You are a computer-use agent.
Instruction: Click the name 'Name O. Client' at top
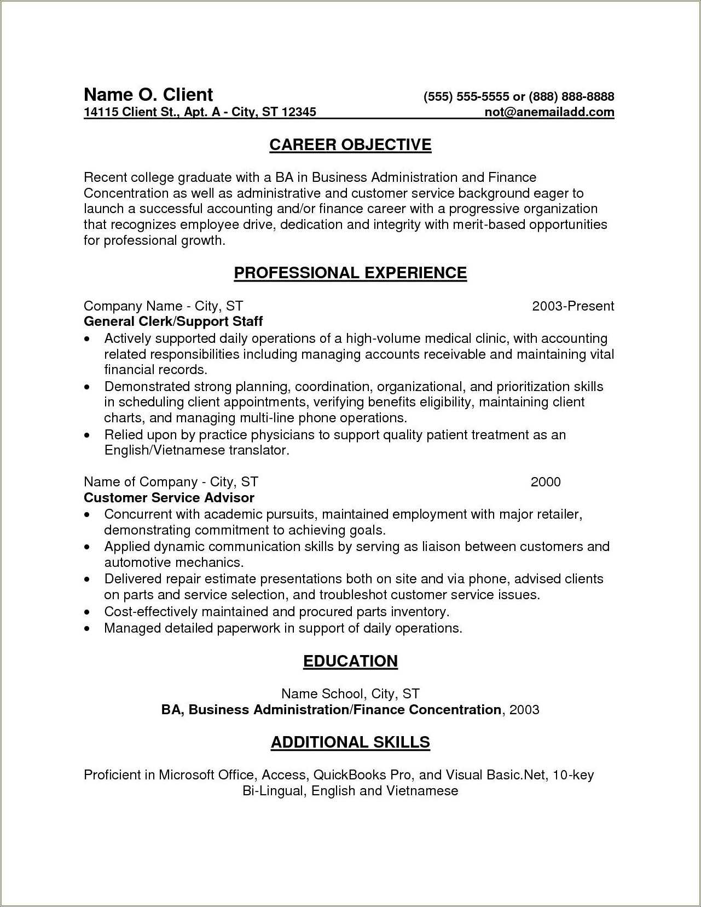tap(148, 95)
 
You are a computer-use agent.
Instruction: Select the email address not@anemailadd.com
tap(549, 112)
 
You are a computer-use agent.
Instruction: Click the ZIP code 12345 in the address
tap(299, 112)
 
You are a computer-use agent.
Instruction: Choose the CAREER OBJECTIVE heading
tap(350, 145)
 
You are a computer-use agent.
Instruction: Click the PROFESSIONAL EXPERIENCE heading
tap(350, 273)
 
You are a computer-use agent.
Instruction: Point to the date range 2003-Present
tap(573, 306)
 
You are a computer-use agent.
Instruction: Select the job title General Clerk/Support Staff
tap(173, 322)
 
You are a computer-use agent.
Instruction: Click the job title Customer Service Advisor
tap(169, 498)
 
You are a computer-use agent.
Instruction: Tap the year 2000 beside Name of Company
tap(546, 482)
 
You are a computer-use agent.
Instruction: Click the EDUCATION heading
tap(350, 661)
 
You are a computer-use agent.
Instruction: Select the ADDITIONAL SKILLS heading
tap(350, 743)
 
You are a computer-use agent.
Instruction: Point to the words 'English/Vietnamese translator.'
tap(196, 451)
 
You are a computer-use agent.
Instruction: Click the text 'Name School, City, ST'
tap(350, 694)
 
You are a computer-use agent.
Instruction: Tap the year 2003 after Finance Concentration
tap(524, 710)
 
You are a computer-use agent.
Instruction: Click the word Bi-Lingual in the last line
tap(274, 791)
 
